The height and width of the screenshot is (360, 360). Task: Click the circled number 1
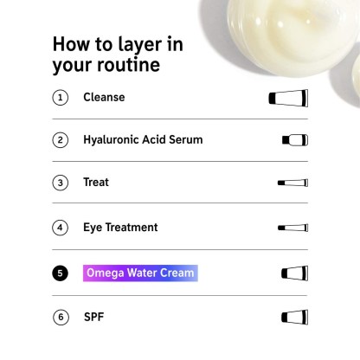tap(61, 98)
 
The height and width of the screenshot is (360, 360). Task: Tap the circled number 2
tap(61, 140)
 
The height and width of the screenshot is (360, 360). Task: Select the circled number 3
tap(61, 183)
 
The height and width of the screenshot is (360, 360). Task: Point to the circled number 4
tap(61, 228)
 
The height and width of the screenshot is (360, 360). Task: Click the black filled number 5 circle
tap(61, 273)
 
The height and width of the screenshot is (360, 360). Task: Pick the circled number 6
tap(61, 317)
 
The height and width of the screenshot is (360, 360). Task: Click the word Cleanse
tap(104, 97)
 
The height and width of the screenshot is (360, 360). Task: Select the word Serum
tap(186, 139)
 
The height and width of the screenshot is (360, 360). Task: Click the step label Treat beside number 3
tap(96, 183)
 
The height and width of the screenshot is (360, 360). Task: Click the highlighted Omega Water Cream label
tap(140, 273)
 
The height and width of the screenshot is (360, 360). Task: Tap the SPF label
tap(94, 317)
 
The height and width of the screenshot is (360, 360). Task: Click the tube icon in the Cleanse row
tap(288, 98)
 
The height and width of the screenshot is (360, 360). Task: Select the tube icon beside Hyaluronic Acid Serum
tap(295, 140)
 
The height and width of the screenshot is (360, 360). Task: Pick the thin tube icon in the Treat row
tap(292, 183)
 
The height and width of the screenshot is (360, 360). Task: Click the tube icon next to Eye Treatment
tap(292, 228)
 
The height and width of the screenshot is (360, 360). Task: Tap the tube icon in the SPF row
tap(294, 317)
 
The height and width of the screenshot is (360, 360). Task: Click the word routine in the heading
tap(129, 64)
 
